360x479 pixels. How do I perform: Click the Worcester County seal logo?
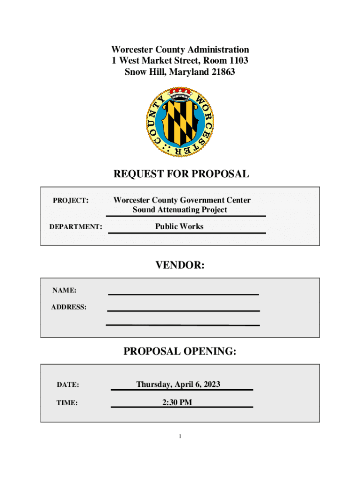click(180, 122)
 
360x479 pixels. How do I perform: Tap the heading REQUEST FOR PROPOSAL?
click(181, 174)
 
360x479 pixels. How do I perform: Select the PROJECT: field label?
click(71, 201)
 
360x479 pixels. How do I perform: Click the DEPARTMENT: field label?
click(76, 227)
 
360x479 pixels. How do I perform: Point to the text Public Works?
click(180, 226)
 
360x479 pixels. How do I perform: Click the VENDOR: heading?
click(180, 266)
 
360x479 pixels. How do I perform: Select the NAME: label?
click(65, 290)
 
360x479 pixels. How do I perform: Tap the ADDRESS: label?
click(69, 307)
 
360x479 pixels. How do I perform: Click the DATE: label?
click(68, 385)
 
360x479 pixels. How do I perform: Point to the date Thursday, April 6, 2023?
click(178, 385)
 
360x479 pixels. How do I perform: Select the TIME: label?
click(67, 402)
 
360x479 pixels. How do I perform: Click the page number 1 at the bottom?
click(180, 437)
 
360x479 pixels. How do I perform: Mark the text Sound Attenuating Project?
click(180, 210)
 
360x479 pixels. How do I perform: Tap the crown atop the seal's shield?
click(180, 94)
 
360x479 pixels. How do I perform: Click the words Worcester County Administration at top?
click(180, 50)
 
